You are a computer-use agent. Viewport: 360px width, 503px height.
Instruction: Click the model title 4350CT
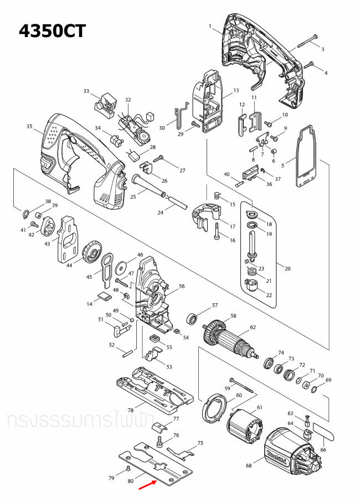coord(53,30)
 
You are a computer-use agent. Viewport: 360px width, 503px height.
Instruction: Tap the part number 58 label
coord(233,315)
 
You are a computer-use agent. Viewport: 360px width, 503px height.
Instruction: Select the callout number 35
coord(29,127)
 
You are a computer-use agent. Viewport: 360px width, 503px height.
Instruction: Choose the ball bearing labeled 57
coord(193,319)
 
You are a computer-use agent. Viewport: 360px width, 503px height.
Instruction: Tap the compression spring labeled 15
coord(217,196)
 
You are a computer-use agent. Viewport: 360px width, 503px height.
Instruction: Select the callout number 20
coord(287,268)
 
